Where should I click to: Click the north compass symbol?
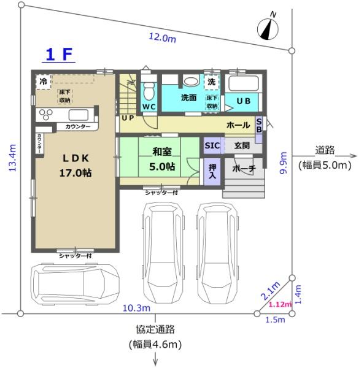coord(268,29)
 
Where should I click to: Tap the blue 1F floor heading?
coord(59,55)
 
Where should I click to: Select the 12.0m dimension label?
coord(162,37)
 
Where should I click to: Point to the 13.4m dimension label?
coord(12,158)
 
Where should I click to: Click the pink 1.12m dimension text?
coord(280,304)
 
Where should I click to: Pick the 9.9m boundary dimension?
coord(283,163)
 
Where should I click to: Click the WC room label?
coord(149,107)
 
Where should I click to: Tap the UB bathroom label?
coord(244,101)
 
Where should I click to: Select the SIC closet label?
coord(212,145)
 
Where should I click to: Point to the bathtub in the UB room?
coord(244,83)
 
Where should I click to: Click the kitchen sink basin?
coord(79,115)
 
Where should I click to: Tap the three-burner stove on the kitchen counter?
coord(46,114)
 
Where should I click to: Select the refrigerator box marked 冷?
coord(43,82)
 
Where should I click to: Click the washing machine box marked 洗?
coord(211,82)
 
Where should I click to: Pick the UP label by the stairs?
coord(128,118)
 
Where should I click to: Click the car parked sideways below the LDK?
coord(75,284)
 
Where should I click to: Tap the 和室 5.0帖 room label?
coord(162,159)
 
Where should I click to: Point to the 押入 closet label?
coord(212,171)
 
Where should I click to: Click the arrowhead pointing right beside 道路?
coord(353,156)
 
